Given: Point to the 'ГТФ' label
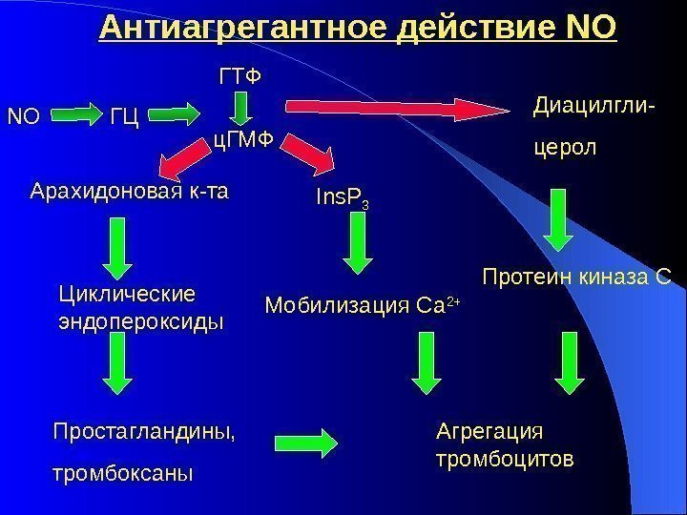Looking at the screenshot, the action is click(x=239, y=74).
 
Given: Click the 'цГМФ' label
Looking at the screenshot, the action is click(x=241, y=142).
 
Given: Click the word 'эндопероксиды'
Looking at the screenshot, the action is click(x=141, y=321).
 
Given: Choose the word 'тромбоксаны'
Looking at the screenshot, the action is click(x=120, y=472).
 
